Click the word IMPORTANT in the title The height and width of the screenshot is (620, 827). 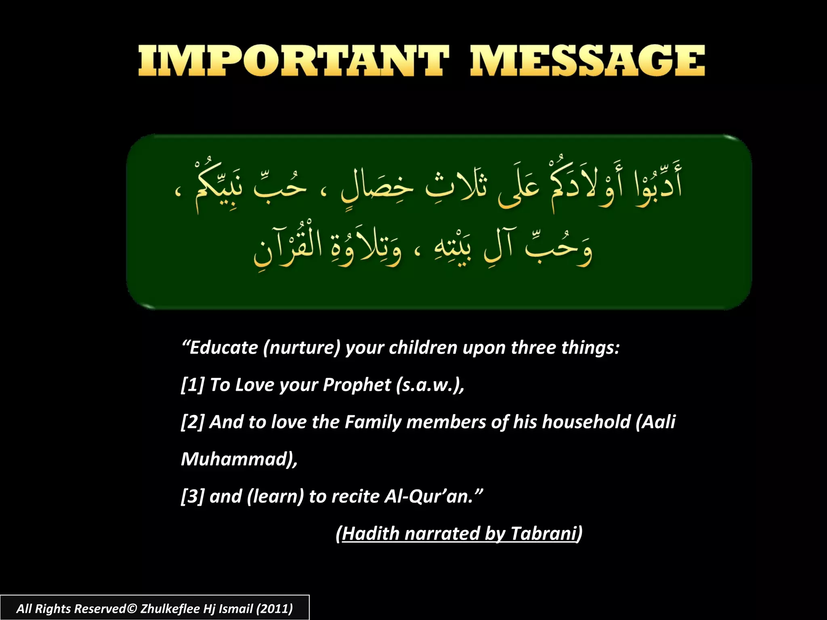(x=293, y=61)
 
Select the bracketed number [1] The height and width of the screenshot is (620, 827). (x=193, y=385)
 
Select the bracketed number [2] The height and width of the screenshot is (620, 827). (x=193, y=422)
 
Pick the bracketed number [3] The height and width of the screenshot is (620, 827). (x=193, y=496)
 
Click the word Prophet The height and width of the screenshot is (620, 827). (x=357, y=385)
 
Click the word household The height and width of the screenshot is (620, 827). (x=586, y=422)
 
